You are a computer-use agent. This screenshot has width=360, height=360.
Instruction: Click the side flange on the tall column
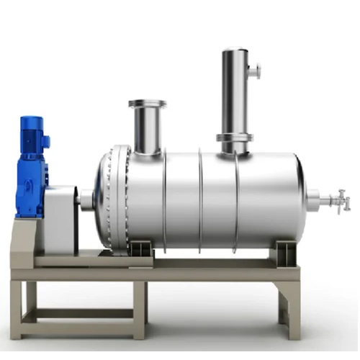tap(254, 71)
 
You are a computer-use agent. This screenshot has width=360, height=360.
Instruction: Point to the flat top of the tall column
tap(235, 50)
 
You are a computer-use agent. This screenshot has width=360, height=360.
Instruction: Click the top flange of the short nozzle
tap(147, 104)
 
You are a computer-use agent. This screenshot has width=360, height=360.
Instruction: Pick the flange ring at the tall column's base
tap(235, 138)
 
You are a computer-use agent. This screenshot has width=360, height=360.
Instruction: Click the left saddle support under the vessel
tap(140, 249)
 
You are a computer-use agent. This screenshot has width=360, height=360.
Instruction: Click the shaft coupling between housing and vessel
tap(86, 199)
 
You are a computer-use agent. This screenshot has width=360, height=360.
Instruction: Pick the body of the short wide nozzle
tap(147, 130)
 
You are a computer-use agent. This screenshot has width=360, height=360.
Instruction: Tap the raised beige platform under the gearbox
tap(29, 238)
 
